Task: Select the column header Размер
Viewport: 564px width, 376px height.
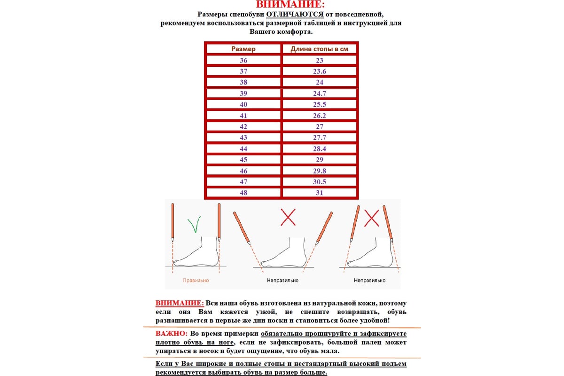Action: click(x=243, y=49)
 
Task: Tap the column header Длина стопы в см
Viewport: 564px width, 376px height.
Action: click(x=319, y=49)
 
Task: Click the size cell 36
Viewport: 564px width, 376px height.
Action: click(x=243, y=60)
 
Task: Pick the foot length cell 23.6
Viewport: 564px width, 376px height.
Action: click(x=320, y=71)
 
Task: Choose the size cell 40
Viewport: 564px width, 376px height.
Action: click(x=243, y=104)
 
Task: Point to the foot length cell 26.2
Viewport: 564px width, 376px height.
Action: click(x=320, y=116)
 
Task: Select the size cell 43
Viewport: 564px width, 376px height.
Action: click(x=243, y=138)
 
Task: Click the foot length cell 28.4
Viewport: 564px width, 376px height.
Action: click(x=320, y=149)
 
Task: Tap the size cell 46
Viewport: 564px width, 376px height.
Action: click(x=243, y=171)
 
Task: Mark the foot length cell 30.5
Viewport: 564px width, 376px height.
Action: click(x=320, y=182)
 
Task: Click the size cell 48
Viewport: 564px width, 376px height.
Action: click(x=243, y=193)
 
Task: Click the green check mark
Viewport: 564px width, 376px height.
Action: click(x=194, y=224)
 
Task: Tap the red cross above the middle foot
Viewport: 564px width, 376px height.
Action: click(x=288, y=217)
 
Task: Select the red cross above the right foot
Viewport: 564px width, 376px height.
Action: click(x=372, y=218)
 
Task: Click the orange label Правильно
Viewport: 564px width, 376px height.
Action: click(x=196, y=281)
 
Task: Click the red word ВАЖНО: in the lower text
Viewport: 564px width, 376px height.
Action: click(x=172, y=334)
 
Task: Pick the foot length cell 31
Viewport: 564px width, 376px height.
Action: click(x=320, y=193)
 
